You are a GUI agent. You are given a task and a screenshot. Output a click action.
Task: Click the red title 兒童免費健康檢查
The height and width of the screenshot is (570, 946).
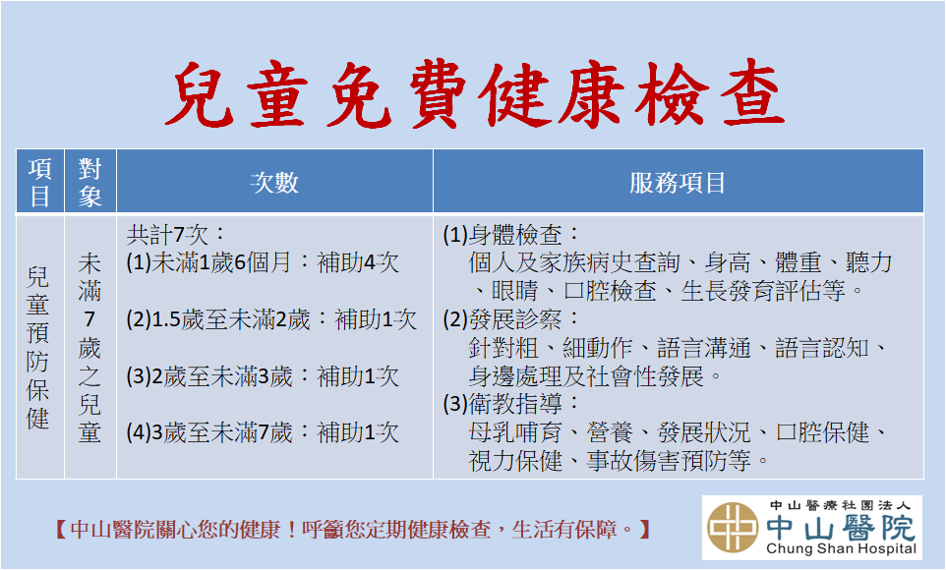(x=474, y=94)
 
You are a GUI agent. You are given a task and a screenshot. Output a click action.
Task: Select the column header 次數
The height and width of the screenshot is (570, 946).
(x=274, y=182)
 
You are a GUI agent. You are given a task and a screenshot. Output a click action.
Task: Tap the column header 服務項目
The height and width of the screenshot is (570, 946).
(x=678, y=182)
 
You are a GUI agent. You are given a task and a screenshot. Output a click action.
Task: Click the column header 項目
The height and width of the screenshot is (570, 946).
(x=39, y=182)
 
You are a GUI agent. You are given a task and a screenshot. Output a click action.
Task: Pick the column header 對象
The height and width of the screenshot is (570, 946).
(x=89, y=182)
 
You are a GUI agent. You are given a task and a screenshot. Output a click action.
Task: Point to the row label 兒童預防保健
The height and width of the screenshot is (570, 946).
(x=38, y=348)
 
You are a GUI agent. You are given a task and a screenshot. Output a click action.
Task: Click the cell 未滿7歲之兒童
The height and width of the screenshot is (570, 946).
(x=89, y=348)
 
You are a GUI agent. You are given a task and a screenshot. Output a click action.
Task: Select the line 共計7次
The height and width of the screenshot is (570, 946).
(x=176, y=234)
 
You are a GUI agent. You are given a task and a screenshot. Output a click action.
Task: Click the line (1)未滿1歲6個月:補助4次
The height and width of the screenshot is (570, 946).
(x=263, y=262)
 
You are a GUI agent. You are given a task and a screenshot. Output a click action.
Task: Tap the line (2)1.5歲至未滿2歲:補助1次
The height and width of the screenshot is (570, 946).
(x=271, y=319)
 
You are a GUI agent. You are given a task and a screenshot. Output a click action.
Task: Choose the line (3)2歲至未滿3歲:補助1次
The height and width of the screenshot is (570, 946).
(x=263, y=376)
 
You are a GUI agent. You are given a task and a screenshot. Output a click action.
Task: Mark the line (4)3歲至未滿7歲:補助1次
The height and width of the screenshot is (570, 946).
(x=263, y=432)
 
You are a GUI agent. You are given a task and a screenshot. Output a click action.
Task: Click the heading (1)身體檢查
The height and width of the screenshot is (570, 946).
(x=511, y=234)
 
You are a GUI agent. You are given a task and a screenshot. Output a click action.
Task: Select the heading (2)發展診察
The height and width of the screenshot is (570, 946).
(x=511, y=319)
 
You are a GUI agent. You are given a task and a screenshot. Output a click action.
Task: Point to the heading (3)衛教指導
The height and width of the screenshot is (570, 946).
(x=511, y=404)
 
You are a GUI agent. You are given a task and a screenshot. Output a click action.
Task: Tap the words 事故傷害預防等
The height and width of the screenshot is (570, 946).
(x=669, y=461)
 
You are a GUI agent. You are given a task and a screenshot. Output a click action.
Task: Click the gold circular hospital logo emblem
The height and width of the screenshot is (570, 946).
(x=733, y=528)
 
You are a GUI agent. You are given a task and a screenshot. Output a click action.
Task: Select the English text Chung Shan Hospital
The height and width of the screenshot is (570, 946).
(x=841, y=549)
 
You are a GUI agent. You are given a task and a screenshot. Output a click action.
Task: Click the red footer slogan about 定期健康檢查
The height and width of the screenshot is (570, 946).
(x=352, y=530)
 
